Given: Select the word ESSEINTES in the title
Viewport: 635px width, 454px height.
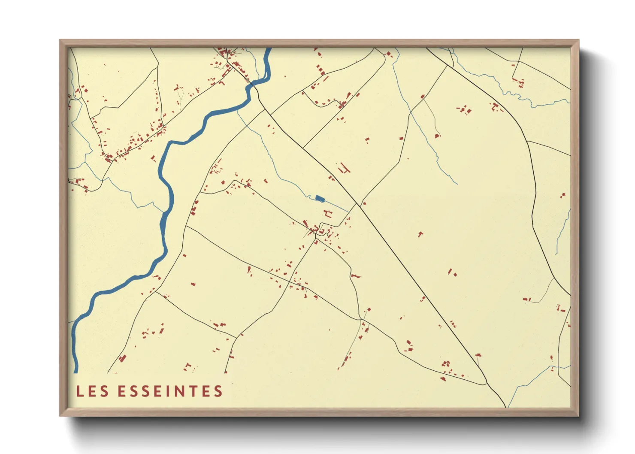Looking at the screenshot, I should coord(170,391).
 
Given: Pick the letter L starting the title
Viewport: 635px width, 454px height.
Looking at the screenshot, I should coord(80,391).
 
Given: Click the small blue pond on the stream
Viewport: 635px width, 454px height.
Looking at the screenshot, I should coord(319,198).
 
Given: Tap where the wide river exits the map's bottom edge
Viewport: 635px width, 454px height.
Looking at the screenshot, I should coord(76,372).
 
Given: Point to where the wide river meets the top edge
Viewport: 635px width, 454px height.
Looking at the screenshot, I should coord(269,49).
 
